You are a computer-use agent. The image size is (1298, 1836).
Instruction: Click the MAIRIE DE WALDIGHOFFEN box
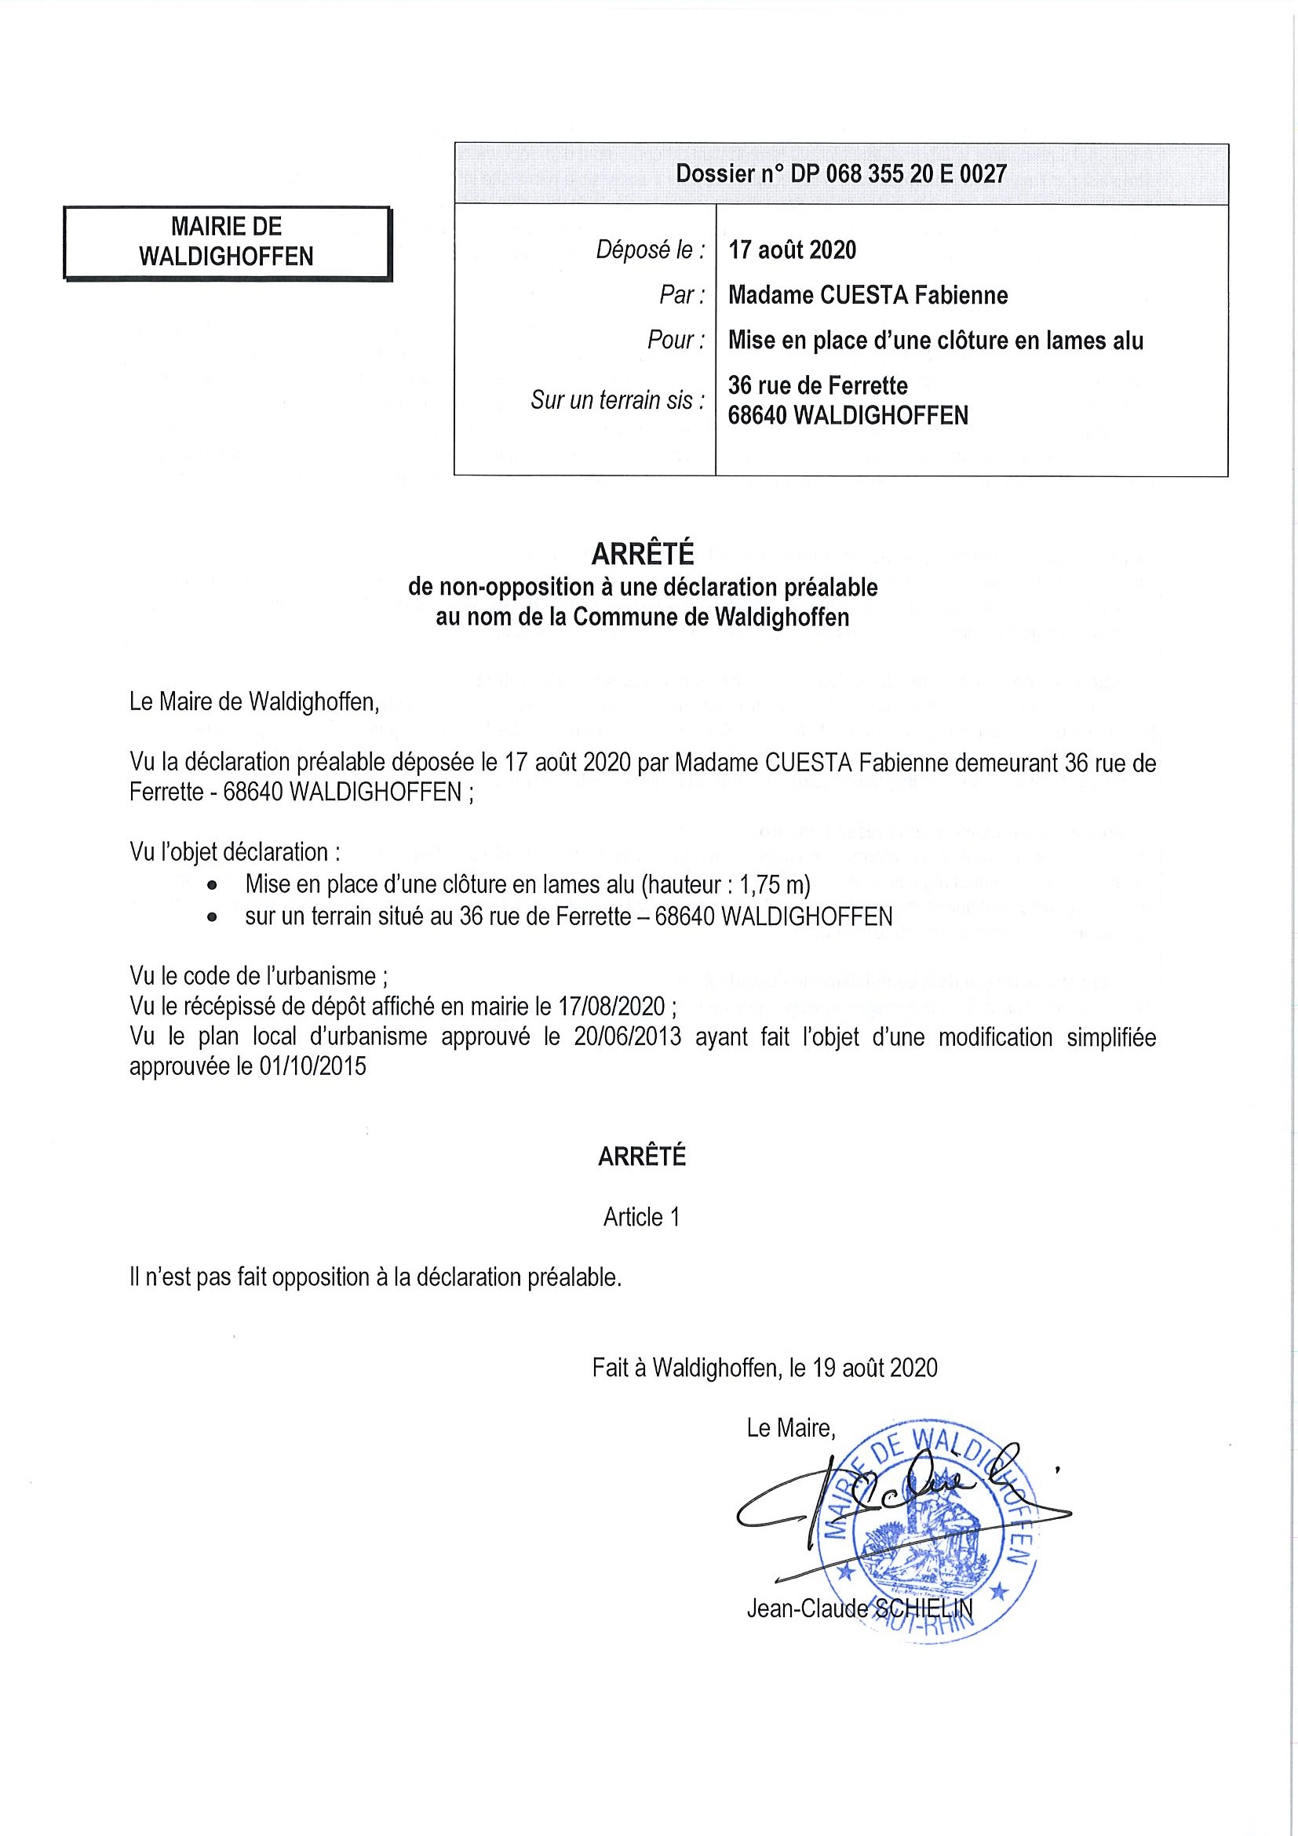coord(227,242)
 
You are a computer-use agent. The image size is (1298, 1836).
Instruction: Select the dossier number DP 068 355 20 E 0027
coord(898,173)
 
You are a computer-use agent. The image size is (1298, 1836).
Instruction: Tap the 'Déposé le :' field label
coord(651,250)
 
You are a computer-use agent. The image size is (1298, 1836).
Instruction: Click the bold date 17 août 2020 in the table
coord(792,250)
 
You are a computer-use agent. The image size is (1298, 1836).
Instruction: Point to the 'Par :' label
coord(681,295)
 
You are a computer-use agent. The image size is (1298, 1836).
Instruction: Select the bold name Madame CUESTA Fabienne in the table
coord(868,295)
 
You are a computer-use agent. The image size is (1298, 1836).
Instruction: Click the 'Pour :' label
coord(676,340)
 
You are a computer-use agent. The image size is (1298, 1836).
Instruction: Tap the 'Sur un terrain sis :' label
coord(618,400)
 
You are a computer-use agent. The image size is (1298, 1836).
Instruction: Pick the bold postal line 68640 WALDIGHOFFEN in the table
coord(848,416)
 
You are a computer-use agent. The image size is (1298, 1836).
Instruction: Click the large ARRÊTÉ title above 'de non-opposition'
coord(642,553)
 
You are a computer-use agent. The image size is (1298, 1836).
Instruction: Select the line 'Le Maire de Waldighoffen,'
coord(254,701)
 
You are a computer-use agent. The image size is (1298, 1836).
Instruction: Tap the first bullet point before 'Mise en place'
coord(212,886)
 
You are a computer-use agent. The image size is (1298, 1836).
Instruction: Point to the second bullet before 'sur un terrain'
coord(212,918)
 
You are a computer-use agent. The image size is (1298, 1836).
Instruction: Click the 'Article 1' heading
coord(641,1216)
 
